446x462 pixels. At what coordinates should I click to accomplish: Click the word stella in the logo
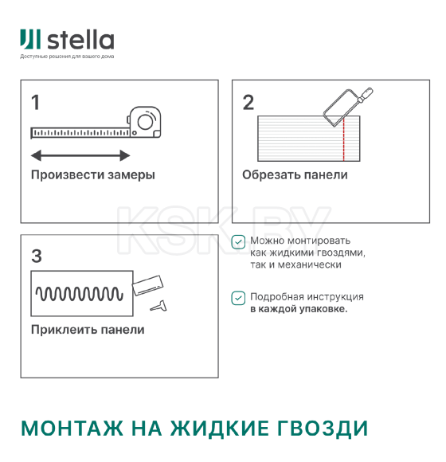80,40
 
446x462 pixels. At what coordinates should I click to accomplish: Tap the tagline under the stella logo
67,57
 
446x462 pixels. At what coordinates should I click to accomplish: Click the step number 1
35,102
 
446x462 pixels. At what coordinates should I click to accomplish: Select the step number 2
248,102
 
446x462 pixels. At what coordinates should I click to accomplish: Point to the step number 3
36,256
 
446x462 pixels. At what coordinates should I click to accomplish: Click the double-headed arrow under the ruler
80,155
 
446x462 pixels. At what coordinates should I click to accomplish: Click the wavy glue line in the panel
80,295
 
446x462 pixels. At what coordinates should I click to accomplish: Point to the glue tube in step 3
149,283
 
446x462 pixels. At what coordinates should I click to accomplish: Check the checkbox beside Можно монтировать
238,242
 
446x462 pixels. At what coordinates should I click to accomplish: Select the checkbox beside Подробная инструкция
238,298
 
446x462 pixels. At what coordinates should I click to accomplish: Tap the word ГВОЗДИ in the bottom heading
322,428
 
